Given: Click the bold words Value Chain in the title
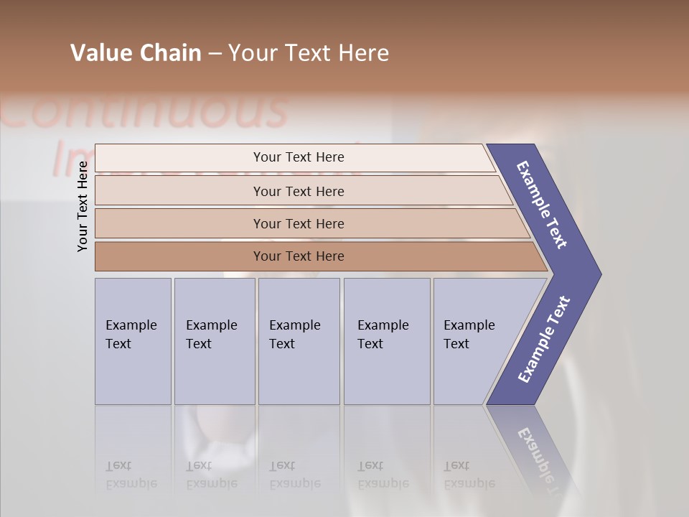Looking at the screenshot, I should click(136, 53).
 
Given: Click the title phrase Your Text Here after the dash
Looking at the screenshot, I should click(309, 53).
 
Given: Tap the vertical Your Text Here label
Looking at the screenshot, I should click(83, 206).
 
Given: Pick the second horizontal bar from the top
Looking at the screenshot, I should click(299, 191).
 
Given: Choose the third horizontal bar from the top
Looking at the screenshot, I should click(299, 223).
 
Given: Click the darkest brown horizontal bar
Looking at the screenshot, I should click(299, 256).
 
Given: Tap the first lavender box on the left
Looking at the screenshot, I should click(133, 341).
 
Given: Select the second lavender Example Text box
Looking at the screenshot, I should click(215, 341).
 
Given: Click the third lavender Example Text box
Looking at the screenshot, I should click(299, 341).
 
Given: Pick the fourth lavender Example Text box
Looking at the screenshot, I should click(387, 341).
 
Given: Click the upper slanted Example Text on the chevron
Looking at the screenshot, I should click(542, 205).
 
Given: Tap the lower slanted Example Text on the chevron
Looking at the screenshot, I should click(544, 340).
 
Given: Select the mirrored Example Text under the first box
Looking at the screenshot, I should click(131, 475).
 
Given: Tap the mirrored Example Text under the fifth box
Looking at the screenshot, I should click(469, 475).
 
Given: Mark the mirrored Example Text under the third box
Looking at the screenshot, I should click(294, 475).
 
